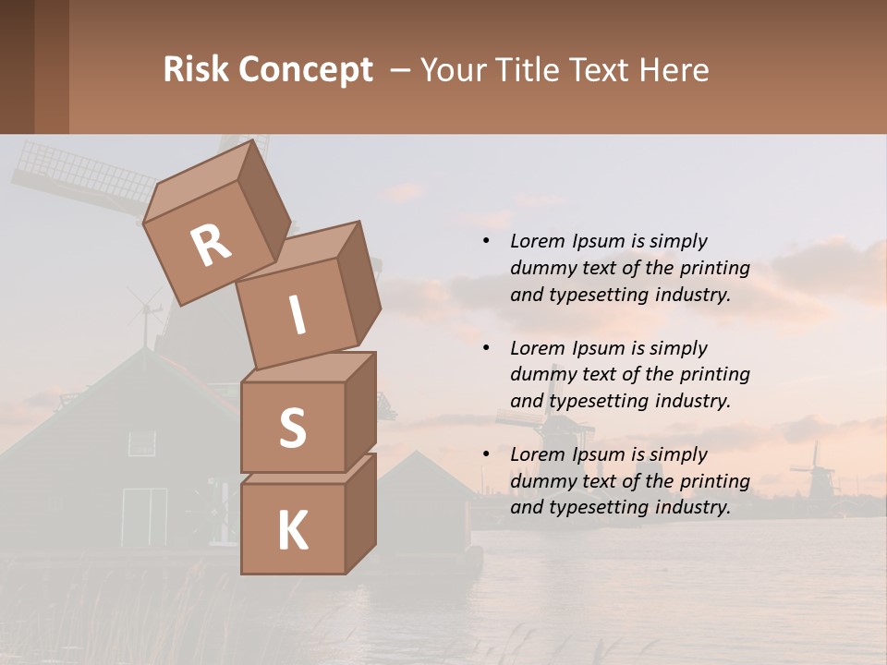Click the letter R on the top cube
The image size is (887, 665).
pos(212,245)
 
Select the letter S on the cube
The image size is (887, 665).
pos(292,428)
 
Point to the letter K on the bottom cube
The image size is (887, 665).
pos(292,531)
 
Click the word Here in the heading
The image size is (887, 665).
pos(674,70)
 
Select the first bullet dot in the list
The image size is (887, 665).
pos(486,242)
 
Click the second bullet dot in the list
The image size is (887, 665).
pos(486,349)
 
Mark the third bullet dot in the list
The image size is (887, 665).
pos(486,455)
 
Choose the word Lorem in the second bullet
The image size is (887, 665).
pos(537,348)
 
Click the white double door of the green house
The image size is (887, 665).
pos(145,516)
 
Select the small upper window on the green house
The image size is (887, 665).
pos(142,443)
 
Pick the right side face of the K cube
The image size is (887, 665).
pos(360,513)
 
